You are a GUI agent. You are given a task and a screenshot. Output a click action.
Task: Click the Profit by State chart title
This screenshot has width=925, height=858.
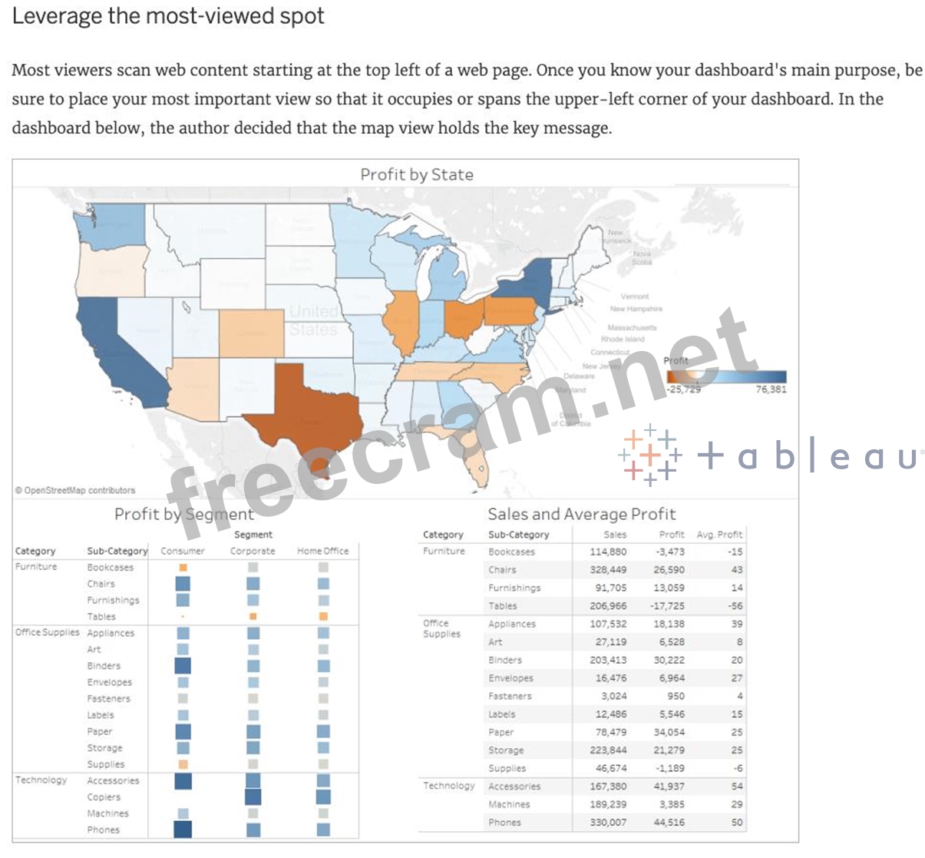417,174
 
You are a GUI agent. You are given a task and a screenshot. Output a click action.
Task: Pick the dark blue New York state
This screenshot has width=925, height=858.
530,280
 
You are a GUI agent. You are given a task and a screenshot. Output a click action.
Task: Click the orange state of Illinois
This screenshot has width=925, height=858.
401,323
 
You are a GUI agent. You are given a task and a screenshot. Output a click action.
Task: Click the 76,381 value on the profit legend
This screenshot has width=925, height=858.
771,389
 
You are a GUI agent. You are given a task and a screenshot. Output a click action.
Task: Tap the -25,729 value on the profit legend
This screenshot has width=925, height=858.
683,389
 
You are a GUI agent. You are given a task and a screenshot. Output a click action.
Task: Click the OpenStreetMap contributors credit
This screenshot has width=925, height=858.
75,490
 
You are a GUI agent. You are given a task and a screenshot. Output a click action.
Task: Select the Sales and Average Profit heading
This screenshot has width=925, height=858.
581,514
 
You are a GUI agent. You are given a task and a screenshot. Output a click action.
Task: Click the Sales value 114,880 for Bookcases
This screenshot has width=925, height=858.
608,552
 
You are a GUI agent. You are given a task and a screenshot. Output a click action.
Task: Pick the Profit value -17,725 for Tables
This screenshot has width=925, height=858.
669,606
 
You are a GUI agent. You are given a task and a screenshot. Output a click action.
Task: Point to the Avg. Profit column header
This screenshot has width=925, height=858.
719,535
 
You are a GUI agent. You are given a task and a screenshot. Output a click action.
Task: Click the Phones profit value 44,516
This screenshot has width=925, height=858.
669,822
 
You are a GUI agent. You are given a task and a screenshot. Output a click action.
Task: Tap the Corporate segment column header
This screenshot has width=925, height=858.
253,551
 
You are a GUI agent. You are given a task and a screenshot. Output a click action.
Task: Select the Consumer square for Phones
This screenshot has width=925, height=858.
183,830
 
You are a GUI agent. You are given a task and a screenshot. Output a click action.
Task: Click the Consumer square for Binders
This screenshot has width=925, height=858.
183,666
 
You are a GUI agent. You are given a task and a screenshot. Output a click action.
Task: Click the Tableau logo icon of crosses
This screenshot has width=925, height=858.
650,455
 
